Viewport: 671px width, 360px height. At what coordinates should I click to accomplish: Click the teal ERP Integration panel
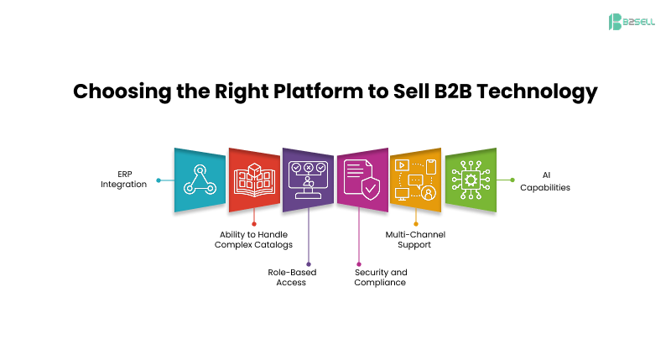(x=200, y=180)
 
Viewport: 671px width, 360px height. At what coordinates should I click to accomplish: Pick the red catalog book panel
(x=254, y=180)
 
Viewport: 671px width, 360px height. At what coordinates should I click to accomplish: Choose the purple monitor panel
(x=308, y=180)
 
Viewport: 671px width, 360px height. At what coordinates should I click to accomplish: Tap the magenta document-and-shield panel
(x=362, y=180)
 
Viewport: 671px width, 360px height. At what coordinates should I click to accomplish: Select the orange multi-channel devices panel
(x=416, y=180)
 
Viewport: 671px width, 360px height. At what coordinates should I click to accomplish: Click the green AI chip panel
(x=470, y=180)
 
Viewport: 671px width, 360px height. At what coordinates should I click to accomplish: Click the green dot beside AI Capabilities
(x=512, y=180)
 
